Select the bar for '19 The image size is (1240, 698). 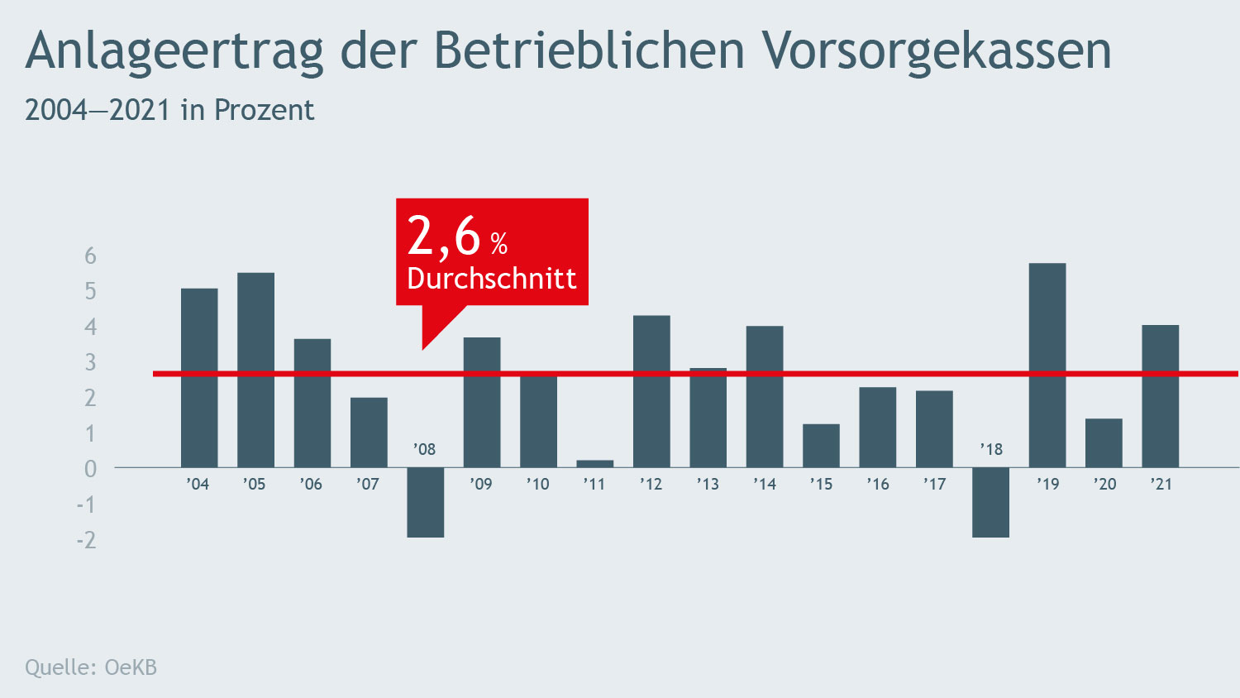click(1047, 365)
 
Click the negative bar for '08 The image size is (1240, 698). click(425, 502)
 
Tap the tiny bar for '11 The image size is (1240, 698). click(594, 463)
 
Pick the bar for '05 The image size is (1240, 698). click(255, 370)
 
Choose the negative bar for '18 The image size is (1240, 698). click(990, 502)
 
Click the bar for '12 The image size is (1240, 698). click(651, 391)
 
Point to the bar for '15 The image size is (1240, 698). click(821, 446)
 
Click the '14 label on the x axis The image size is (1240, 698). click(765, 484)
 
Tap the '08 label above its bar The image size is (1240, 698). click(424, 449)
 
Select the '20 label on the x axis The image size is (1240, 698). click(1104, 484)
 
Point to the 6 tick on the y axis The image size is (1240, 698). click(90, 256)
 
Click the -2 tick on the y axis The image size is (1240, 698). click(86, 540)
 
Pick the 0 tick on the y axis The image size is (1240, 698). click(90, 469)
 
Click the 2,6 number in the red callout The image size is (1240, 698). click(444, 237)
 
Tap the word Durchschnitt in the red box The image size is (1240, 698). click(491, 279)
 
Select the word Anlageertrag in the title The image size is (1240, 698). click(174, 51)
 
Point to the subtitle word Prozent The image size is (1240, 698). click(264, 110)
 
